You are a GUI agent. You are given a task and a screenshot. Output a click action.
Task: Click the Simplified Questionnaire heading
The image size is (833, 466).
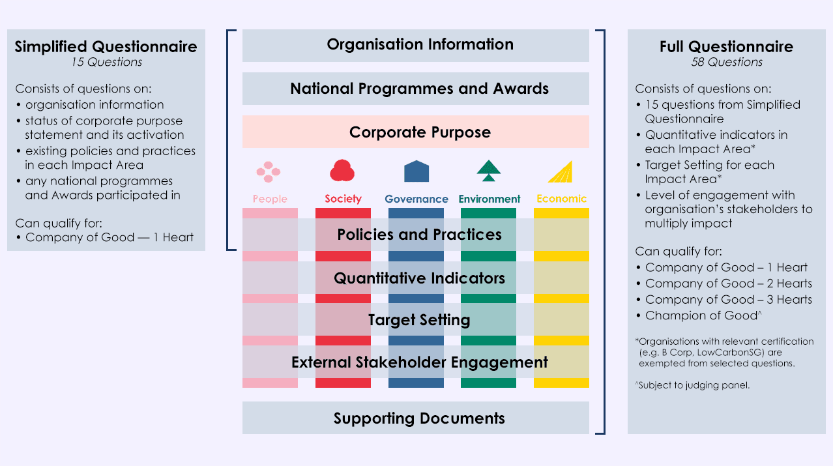[x=106, y=47]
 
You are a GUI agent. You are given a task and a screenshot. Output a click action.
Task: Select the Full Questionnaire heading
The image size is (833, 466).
[x=726, y=47]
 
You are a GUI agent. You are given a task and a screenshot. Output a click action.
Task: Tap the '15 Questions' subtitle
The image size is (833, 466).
[x=107, y=62]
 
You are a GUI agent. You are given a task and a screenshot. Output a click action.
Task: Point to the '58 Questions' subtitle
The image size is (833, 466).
[x=727, y=62]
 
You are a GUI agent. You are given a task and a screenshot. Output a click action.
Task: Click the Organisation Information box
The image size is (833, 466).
[x=416, y=46]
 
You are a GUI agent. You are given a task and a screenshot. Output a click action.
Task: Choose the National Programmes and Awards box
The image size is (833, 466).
[x=416, y=89]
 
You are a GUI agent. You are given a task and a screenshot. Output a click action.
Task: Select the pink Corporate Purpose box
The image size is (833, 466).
[x=416, y=132]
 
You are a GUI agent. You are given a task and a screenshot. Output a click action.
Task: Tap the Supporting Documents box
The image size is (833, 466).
[x=416, y=418]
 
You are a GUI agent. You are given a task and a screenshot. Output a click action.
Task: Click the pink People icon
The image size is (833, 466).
[x=269, y=172]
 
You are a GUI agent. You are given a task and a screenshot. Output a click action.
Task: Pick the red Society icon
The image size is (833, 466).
[x=342, y=171]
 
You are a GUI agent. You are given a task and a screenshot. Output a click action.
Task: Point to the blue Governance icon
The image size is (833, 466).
[x=416, y=171]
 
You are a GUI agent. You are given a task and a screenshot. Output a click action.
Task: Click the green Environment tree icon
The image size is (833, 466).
[x=489, y=171]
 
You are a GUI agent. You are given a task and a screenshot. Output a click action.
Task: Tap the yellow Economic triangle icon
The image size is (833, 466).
[x=561, y=171]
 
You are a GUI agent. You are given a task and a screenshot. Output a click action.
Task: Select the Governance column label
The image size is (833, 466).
[x=416, y=199]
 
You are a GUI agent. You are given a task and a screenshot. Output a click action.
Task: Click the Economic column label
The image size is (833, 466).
[x=562, y=199]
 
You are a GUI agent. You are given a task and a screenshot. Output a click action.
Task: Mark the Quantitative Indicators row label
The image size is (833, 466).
[x=420, y=278]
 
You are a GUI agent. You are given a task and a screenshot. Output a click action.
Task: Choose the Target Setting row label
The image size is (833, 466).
[x=419, y=320]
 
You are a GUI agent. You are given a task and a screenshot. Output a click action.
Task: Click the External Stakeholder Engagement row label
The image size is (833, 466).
[x=420, y=362]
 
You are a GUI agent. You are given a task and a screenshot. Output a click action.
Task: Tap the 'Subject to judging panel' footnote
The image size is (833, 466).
[x=692, y=385]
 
